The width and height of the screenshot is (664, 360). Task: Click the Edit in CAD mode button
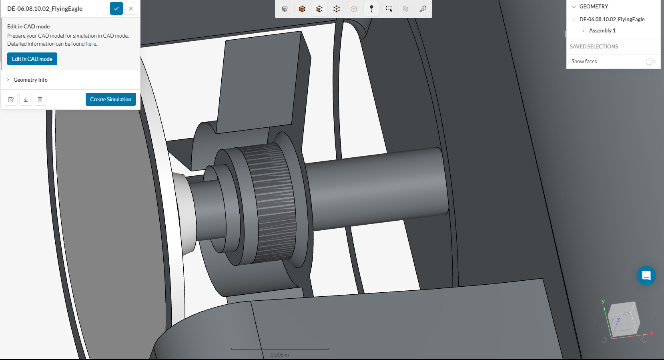(32, 59)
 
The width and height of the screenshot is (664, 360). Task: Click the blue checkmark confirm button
(116, 8)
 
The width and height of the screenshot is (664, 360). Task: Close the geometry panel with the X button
(131, 8)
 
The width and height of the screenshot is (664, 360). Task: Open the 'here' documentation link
(91, 44)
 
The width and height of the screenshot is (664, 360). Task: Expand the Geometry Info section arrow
(8, 80)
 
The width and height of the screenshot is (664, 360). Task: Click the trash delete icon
(40, 99)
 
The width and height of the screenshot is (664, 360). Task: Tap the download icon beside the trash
(26, 99)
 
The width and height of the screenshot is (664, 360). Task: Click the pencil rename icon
(11, 99)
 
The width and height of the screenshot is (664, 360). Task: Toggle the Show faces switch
(650, 61)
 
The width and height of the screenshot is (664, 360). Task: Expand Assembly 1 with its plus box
(584, 31)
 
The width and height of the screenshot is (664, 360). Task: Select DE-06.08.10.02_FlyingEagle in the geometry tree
(612, 19)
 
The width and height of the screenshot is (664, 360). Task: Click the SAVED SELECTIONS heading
(594, 46)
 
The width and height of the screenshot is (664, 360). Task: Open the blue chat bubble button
(646, 276)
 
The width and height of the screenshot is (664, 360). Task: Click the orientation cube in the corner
(624, 319)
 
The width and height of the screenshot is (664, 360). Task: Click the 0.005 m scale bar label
(279, 355)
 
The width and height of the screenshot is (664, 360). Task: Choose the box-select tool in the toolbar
(389, 9)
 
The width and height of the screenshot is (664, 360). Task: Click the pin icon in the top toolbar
(371, 9)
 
